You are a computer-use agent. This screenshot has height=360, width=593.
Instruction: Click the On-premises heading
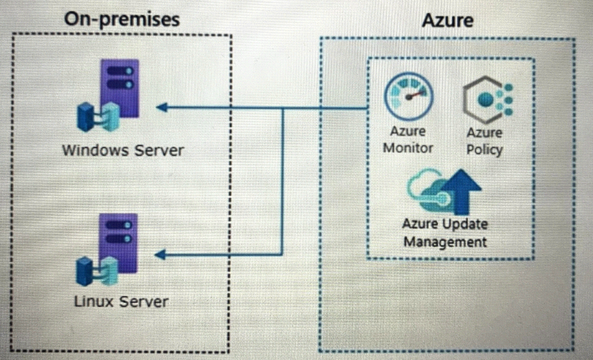point(122,19)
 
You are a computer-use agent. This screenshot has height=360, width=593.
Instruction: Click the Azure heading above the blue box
point(447,20)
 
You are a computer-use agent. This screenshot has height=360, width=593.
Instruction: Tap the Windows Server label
point(123,149)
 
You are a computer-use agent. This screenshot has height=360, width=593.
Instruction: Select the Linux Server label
point(121,301)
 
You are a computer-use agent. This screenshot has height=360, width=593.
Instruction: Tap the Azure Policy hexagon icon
point(486,100)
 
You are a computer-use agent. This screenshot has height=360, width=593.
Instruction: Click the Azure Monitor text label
point(409,139)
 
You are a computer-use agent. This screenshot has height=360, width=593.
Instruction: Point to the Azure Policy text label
point(484,140)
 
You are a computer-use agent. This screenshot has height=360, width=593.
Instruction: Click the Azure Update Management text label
point(445,233)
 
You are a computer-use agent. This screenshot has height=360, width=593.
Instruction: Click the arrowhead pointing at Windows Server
point(162,107)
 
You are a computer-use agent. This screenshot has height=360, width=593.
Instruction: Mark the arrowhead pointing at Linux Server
point(162,255)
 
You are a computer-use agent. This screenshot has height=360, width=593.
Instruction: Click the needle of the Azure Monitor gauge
point(413,95)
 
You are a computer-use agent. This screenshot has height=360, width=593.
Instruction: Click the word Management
point(445,242)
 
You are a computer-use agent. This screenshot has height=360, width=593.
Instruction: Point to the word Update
point(464,225)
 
